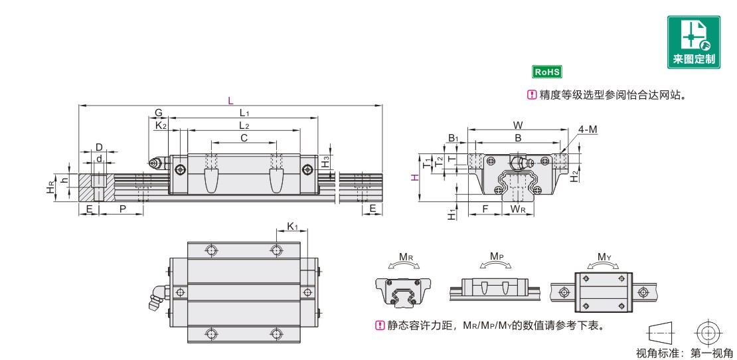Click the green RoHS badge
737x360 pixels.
tap(547, 72)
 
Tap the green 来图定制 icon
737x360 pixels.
tap(694, 43)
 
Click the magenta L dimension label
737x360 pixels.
tap(230, 100)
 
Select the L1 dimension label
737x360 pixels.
tap(244, 114)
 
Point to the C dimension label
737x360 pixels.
tap(244, 137)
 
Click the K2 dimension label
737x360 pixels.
tap(161, 126)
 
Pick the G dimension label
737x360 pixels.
tap(159, 113)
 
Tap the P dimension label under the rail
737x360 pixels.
tap(122, 209)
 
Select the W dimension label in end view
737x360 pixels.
tap(518, 125)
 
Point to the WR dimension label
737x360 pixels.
tap(518, 210)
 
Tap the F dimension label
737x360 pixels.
tap(485, 209)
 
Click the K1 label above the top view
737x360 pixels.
tap(292, 227)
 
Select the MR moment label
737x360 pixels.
tap(406, 257)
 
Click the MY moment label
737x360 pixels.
tap(604, 257)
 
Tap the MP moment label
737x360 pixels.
tap(497, 256)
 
